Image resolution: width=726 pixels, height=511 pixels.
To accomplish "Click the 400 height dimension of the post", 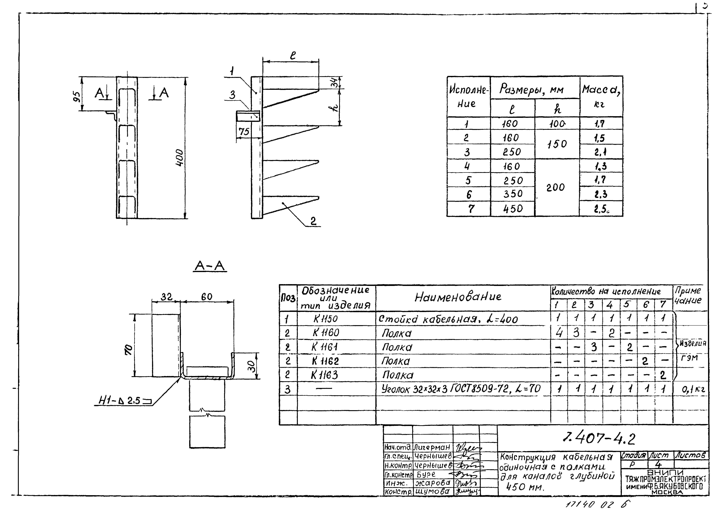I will tap(179, 157).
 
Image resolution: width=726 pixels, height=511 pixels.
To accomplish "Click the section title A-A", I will tap(210, 266).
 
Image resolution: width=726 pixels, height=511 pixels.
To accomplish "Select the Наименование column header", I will tap(458, 297).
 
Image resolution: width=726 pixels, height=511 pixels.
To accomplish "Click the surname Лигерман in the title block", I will tap(432, 447).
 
